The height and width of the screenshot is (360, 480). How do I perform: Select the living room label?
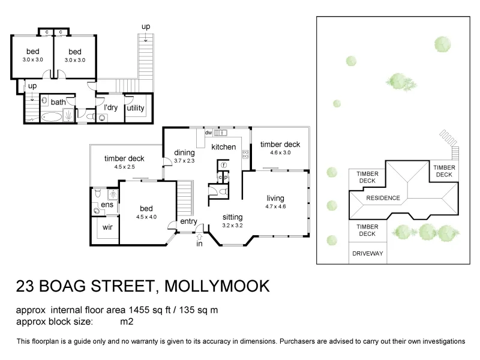[x=275, y=199]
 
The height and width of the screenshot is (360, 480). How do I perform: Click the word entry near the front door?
[x=188, y=222]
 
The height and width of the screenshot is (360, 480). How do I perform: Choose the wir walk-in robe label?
[x=108, y=228]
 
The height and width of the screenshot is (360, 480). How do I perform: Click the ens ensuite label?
[x=107, y=205]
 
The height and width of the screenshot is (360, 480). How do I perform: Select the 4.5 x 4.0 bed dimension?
[x=146, y=217]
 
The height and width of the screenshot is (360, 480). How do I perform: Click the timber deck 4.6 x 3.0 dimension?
[x=280, y=153]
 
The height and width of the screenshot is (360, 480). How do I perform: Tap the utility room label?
[x=136, y=108]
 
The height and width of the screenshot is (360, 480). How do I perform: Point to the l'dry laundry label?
[x=110, y=108]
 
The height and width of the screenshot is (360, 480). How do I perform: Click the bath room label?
[x=58, y=102]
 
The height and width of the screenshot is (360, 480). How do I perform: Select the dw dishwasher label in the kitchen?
[x=208, y=133]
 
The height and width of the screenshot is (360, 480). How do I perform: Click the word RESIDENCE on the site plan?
[x=383, y=198]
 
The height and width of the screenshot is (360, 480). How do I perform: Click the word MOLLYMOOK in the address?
[x=217, y=286]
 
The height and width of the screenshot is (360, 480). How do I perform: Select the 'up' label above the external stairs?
[x=146, y=27]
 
